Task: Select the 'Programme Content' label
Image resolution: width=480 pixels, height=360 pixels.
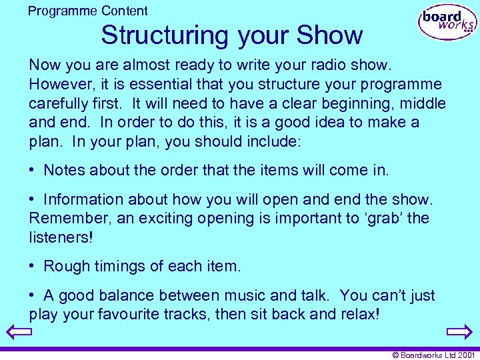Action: pos(88,11)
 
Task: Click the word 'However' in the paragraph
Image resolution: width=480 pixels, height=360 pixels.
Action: pos(57,84)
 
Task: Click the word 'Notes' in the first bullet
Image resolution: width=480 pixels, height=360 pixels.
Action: pos(64,170)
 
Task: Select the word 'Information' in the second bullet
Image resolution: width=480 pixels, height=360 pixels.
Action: pos(83,199)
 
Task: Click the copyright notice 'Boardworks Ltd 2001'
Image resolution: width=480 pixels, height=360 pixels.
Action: pos(434,355)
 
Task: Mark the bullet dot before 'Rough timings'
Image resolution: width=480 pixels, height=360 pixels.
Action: pos(33,267)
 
